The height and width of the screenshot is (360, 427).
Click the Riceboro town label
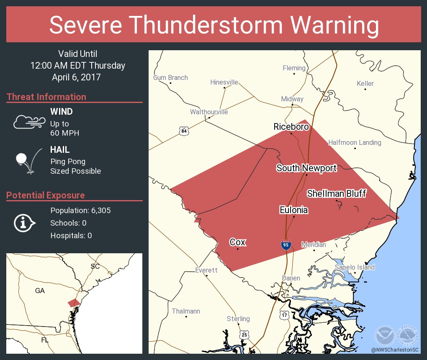[x=291, y=126]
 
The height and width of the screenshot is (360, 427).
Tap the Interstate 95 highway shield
[x=286, y=245]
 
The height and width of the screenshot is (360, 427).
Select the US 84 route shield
[x=184, y=131]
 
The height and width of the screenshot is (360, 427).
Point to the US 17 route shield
[x=284, y=315]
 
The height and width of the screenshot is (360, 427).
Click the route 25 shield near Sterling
[x=245, y=334]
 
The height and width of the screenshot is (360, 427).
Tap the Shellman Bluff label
[x=337, y=193]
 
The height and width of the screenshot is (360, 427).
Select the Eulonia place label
[x=294, y=210]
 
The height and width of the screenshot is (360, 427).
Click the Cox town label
[x=237, y=242]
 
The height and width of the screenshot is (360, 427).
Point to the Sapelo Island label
[x=355, y=267]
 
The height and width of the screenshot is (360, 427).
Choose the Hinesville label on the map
[x=224, y=82]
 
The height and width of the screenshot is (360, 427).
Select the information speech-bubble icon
[x=25, y=223]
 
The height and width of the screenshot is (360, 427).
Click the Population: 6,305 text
[x=80, y=211]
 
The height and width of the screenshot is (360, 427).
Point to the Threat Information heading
[x=46, y=97]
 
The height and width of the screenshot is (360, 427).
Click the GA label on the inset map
[x=40, y=291]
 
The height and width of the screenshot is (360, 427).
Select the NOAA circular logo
[x=384, y=335]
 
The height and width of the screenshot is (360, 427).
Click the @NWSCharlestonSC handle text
[x=395, y=350]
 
